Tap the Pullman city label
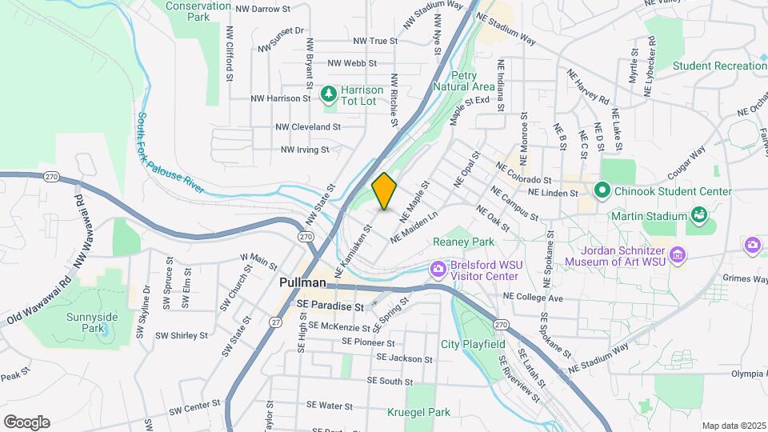click(x=303, y=283)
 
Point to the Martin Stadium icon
click(x=699, y=215)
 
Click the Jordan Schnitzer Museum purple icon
click(x=678, y=254)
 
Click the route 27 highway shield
click(x=275, y=322)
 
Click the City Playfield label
click(x=473, y=344)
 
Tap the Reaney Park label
click(x=464, y=242)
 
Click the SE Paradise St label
click(x=330, y=306)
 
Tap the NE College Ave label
click(x=533, y=298)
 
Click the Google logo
click(x=26, y=422)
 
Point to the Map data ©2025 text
click(x=732, y=426)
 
